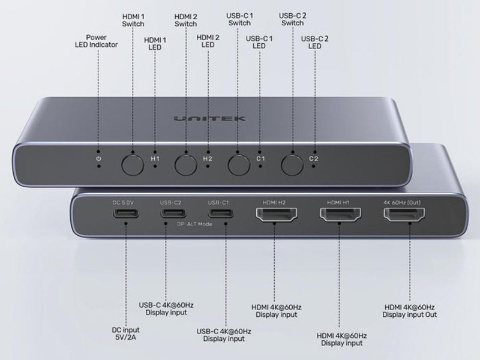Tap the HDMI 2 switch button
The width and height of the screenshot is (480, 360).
[x=185, y=163]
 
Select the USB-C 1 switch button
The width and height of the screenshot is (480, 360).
[x=238, y=163]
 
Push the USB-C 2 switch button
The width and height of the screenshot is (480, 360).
[x=292, y=163]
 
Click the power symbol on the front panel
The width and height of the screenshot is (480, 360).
[x=98, y=159]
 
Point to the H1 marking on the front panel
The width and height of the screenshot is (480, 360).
[x=155, y=158]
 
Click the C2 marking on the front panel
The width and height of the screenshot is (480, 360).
[x=313, y=158]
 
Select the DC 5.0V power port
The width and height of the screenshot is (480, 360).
[x=126, y=215]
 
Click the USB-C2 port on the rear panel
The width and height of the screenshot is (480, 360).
[x=167, y=215]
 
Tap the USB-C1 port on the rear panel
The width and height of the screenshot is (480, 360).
[x=218, y=215]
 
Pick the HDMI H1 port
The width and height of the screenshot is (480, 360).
[x=339, y=217]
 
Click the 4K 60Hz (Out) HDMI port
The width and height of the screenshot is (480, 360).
[x=403, y=217]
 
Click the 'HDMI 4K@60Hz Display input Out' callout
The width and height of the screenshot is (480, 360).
[x=410, y=311]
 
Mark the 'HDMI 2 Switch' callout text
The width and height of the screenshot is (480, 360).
[x=185, y=20]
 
